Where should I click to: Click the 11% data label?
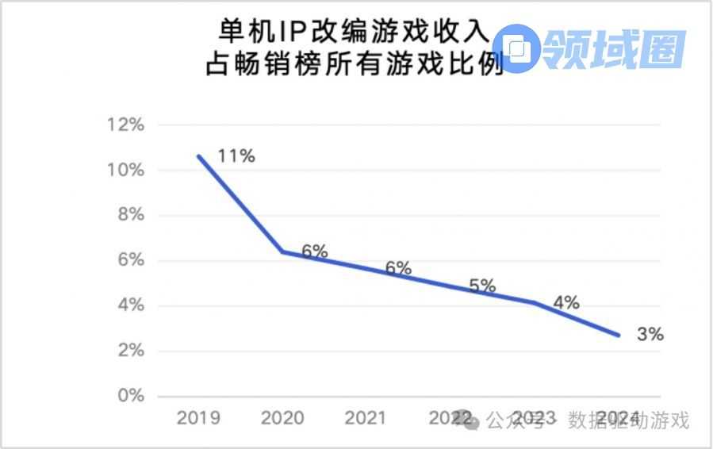pos(236,156)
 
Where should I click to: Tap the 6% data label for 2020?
pos(314,251)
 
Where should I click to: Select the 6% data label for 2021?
pos(398,269)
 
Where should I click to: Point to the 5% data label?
pos(482,286)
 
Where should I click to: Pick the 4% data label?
pos(565,302)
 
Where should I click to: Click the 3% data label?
pos(650,335)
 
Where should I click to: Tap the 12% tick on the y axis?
pos(126,125)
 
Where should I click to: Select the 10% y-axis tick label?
pos(126,171)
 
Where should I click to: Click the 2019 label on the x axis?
pos(198,418)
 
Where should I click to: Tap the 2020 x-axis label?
pos(282,418)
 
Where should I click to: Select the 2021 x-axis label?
pos(365,418)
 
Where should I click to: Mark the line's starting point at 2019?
pos(198,155)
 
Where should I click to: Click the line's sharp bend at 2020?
pos(282,251)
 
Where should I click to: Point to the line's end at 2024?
pos(619,335)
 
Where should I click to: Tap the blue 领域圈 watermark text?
pos(615,49)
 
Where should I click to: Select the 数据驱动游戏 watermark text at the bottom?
pos(628,420)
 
